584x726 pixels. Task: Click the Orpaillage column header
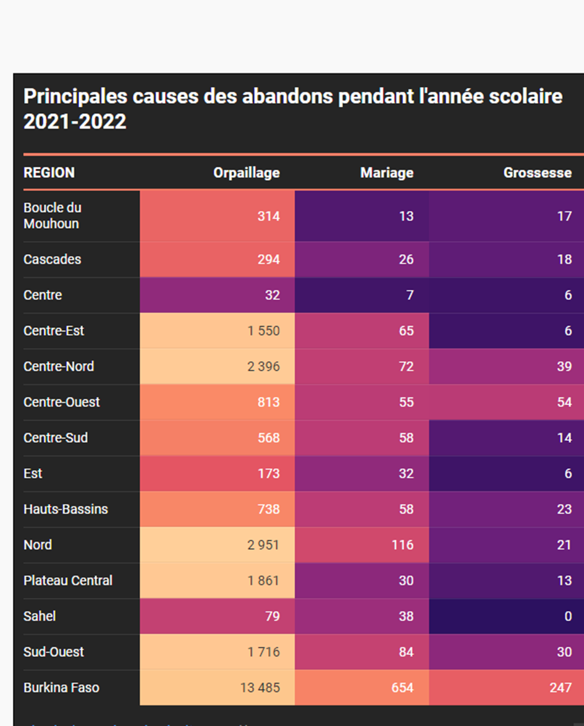(246, 173)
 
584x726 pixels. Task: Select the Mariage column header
(386, 173)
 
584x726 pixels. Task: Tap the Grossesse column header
(537, 173)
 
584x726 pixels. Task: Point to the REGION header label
(49, 173)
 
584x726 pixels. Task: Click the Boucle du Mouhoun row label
(53, 216)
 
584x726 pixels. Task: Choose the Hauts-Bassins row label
(66, 509)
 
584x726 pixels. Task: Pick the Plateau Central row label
(68, 581)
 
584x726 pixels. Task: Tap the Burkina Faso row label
(61, 688)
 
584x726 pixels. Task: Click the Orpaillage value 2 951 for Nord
(263, 545)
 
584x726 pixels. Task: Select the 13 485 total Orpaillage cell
(260, 688)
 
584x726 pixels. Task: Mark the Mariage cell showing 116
(402, 545)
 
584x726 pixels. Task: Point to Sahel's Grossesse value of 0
(567, 617)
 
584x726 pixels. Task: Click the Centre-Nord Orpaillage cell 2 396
(263, 366)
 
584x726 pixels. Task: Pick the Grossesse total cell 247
(561, 688)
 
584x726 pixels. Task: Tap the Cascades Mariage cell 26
(405, 259)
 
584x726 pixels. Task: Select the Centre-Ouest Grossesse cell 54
(564, 402)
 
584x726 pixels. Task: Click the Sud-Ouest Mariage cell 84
(405, 652)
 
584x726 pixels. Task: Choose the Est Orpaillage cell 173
(268, 474)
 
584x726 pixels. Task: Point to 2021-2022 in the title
(75, 122)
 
